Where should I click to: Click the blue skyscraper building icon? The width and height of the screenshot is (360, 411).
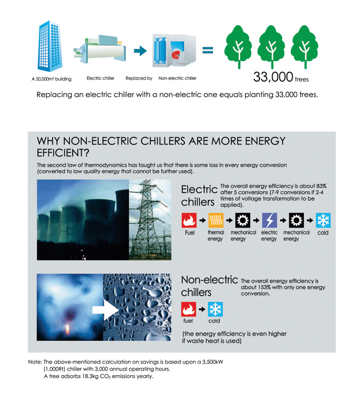[x=50, y=46]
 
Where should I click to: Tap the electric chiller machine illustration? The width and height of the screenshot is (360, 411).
[x=99, y=50]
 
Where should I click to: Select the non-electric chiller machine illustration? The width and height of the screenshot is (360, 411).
[x=174, y=50]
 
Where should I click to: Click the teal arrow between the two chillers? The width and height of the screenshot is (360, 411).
[x=140, y=51]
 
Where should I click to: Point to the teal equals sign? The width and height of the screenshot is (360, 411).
[x=207, y=50]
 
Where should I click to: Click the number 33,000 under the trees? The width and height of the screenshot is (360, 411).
[x=273, y=77]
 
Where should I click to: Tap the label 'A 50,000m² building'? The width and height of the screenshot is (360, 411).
[x=51, y=79]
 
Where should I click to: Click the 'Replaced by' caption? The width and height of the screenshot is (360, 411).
[x=139, y=78]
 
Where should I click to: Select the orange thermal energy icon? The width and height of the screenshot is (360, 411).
[x=215, y=220]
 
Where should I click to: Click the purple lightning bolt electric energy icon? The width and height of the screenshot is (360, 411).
[x=269, y=220]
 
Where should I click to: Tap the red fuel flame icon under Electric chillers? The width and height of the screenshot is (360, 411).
[x=189, y=220]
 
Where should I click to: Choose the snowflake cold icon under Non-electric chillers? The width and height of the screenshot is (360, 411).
[x=215, y=309]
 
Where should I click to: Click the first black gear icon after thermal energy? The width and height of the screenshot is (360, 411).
[x=242, y=220]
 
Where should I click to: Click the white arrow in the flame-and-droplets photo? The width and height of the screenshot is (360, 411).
[x=106, y=310]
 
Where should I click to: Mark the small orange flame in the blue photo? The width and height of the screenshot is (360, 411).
[x=67, y=329]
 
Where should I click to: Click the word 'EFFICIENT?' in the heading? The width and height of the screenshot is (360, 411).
[x=63, y=153]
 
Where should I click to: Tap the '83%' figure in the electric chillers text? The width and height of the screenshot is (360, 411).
[x=321, y=186]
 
